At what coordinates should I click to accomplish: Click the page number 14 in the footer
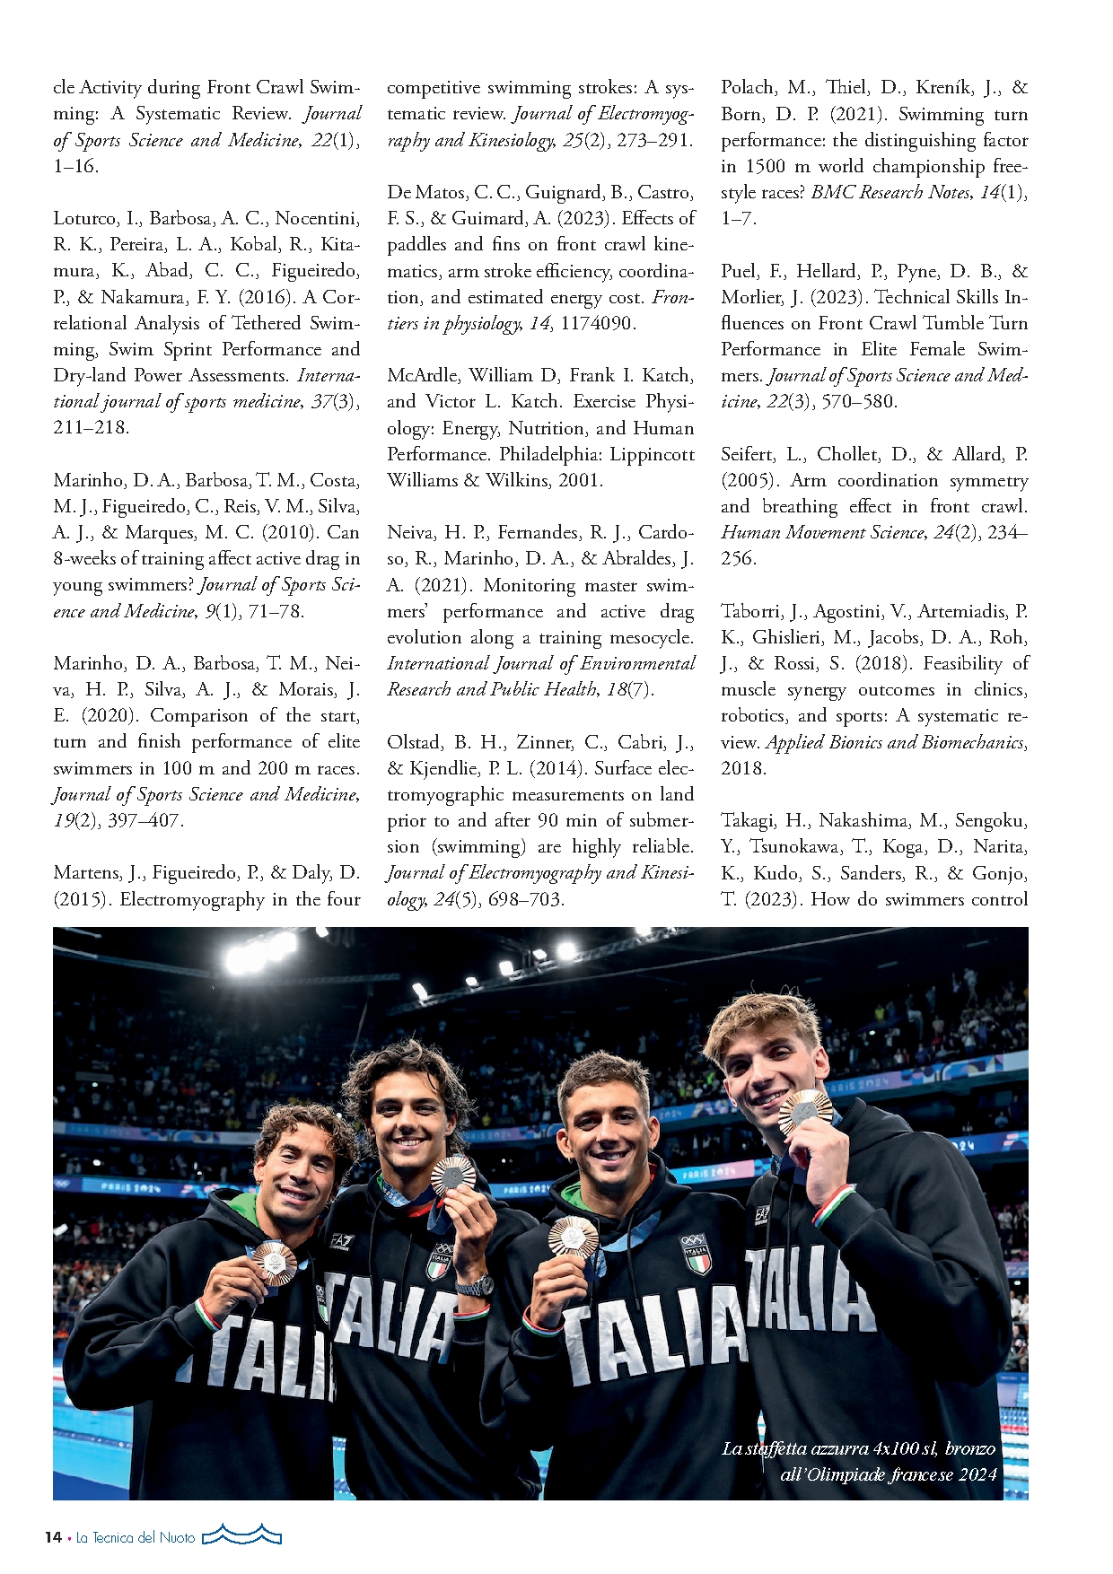coord(53,1536)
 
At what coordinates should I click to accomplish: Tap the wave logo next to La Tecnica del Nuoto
coord(241,1535)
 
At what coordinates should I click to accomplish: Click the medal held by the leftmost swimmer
coord(274,1263)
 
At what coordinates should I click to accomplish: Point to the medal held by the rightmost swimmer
coord(804,1112)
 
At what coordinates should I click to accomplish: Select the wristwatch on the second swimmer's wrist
coord(474,1285)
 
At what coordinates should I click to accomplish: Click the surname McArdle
coord(421,375)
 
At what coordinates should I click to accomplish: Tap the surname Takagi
coord(749,820)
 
